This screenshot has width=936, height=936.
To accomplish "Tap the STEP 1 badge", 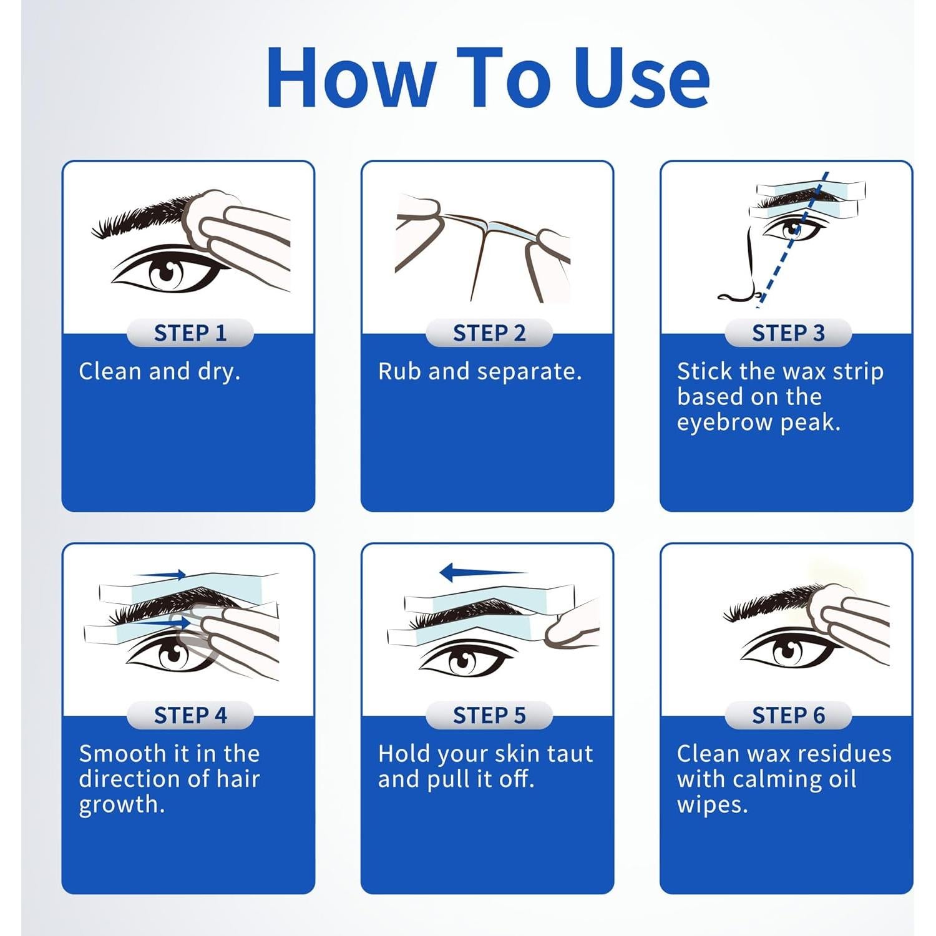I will [x=190, y=333].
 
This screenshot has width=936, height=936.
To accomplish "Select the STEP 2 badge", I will [x=489, y=333].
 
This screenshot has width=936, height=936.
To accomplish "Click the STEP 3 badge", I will [x=788, y=333].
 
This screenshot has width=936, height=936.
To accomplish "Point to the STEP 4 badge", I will [x=190, y=715].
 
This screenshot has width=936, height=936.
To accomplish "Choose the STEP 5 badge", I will [x=489, y=715].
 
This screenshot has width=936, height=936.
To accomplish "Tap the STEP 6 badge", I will [x=788, y=715].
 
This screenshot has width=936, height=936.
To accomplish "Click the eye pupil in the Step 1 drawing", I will [x=167, y=273].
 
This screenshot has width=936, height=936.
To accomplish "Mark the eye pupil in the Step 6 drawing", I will [x=787, y=652].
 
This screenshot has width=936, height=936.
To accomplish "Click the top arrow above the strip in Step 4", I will [x=162, y=575].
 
